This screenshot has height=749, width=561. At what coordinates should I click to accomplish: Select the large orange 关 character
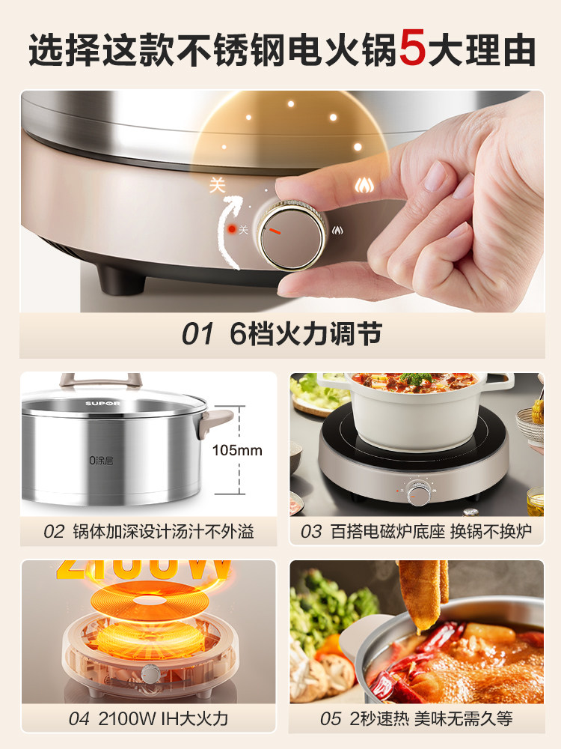pos(217,185)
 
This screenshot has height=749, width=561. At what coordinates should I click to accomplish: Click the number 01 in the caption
pos(197,334)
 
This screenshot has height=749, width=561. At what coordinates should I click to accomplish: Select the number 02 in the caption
pos(54,532)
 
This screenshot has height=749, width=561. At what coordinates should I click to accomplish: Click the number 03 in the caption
pos(311,532)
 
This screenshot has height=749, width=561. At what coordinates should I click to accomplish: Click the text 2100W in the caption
pos(123,719)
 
